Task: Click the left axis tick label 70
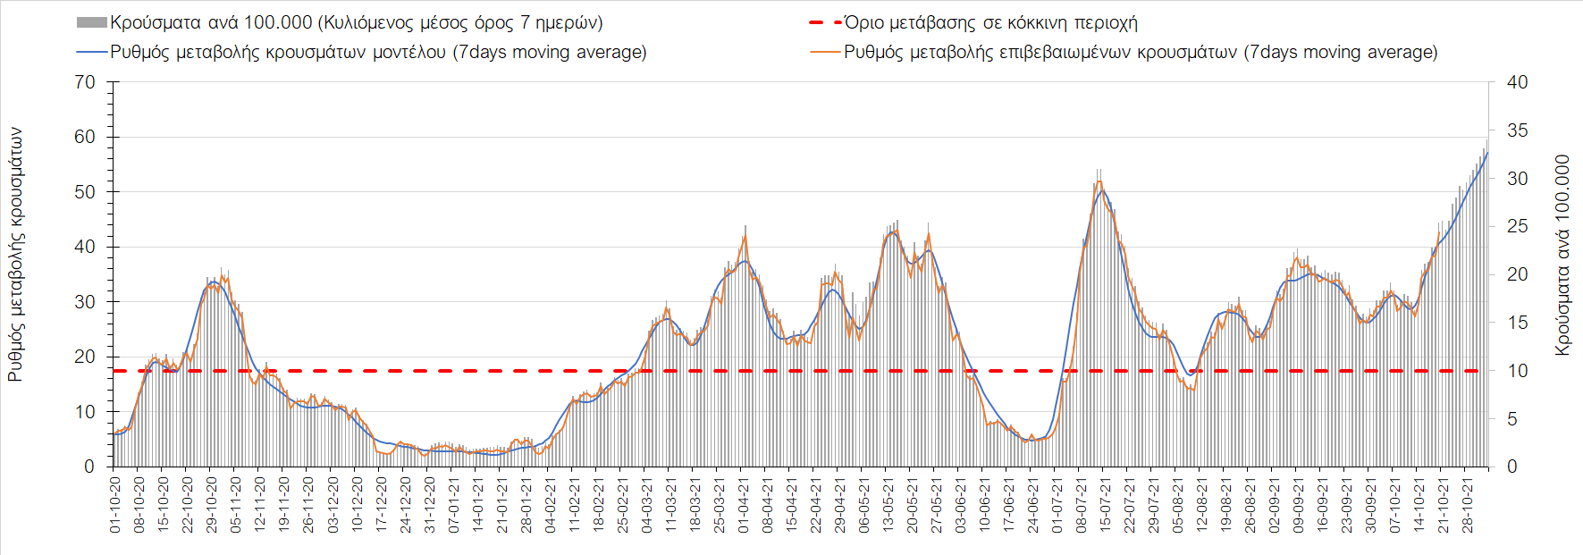click(x=85, y=82)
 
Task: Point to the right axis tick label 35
click(x=1517, y=130)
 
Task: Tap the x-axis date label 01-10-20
click(x=114, y=505)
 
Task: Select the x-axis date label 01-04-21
click(x=743, y=505)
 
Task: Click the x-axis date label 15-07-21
click(x=1106, y=505)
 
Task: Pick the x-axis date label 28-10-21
click(x=1467, y=505)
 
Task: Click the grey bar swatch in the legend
click(x=92, y=22)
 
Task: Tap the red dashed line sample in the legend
click(x=824, y=22)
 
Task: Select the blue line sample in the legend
click(x=92, y=52)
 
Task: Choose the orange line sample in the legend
click(x=824, y=52)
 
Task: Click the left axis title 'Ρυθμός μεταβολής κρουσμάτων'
click(x=15, y=255)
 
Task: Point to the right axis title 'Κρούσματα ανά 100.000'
click(x=1562, y=255)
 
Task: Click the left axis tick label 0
click(x=89, y=467)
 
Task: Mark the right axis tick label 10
click(x=1517, y=371)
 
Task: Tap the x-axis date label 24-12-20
click(x=405, y=505)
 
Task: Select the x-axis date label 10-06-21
click(x=985, y=505)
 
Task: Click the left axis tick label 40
click(x=85, y=247)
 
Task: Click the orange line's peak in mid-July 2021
click(x=1099, y=181)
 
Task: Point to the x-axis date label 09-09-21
click(x=1299, y=505)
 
